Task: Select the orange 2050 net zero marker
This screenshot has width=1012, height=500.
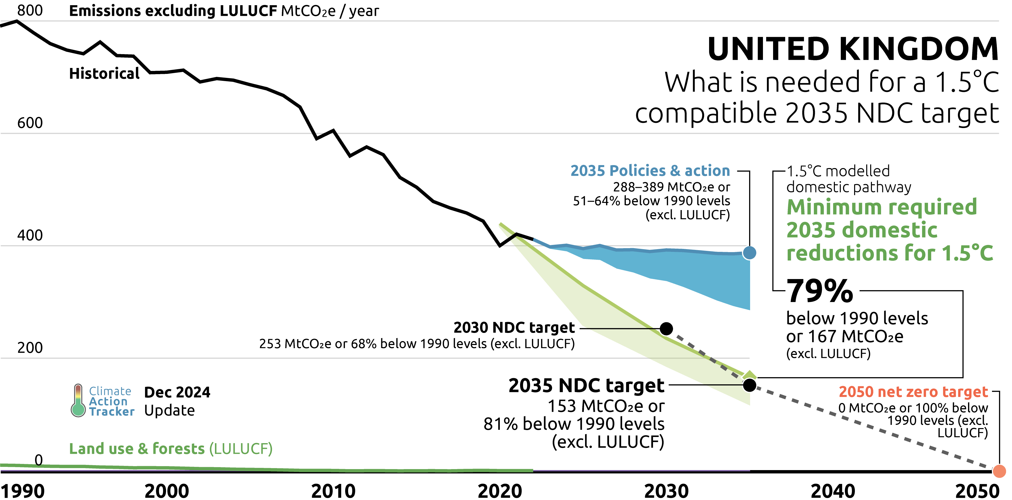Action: [x=999, y=471]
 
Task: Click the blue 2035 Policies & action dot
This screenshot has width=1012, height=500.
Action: [x=750, y=253]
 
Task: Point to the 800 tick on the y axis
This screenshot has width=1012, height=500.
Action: [x=30, y=10]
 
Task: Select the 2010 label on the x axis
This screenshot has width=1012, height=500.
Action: [x=333, y=491]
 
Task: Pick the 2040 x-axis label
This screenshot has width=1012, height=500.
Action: [x=833, y=491]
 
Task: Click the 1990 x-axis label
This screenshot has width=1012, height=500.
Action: [x=23, y=491]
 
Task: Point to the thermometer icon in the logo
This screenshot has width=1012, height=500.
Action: [x=78, y=401]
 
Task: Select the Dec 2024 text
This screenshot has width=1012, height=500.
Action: [x=177, y=392]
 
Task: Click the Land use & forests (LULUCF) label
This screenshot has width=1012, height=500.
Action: [x=171, y=449]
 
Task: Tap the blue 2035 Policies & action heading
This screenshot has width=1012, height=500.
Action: [x=650, y=171]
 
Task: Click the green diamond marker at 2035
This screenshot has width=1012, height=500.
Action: [x=750, y=375]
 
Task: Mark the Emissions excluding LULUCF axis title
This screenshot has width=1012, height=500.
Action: [x=224, y=11]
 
